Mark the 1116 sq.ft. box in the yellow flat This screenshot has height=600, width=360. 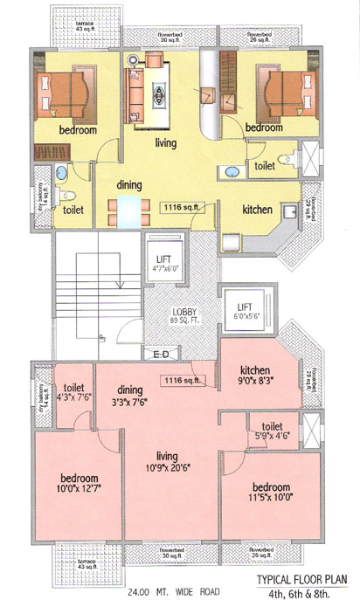pos(183,208)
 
